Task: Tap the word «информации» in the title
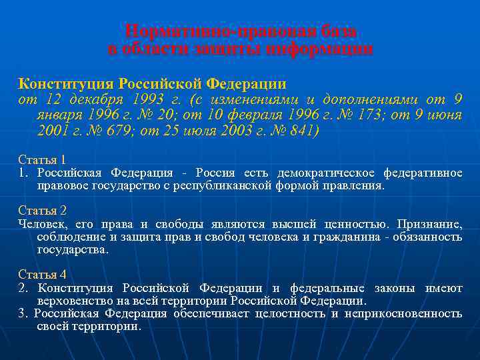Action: pyautogui.click(x=319, y=49)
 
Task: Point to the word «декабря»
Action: pyautogui.click(x=91, y=100)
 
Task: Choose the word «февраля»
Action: pyautogui.click(x=253, y=115)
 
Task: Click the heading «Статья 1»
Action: pyautogui.click(x=42, y=160)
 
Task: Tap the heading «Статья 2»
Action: pyautogui.click(x=42, y=211)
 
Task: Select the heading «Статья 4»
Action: pyautogui.click(x=42, y=275)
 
